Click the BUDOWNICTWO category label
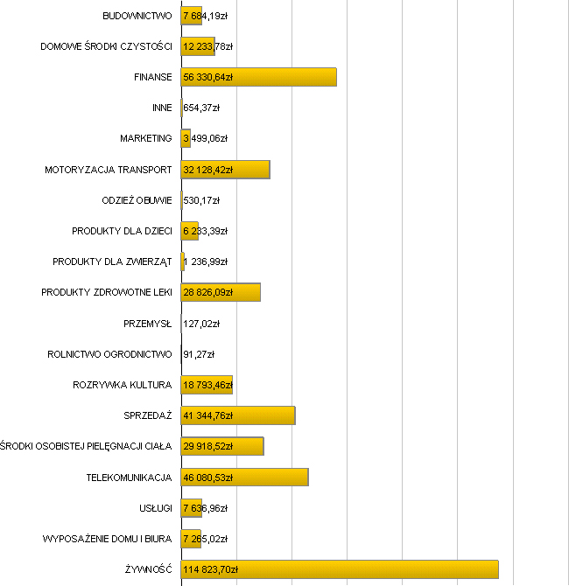(137, 16)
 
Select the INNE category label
(162, 108)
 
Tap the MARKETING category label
(146, 138)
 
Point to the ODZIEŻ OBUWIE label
(137, 200)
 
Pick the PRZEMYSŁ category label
(148, 324)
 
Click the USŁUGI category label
(155, 508)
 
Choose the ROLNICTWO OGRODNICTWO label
(109, 354)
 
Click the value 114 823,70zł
(210, 569)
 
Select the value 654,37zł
(201, 108)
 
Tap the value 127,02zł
(201, 324)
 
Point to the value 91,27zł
(199, 354)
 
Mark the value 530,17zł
(201, 200)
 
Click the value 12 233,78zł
(207, 46)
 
